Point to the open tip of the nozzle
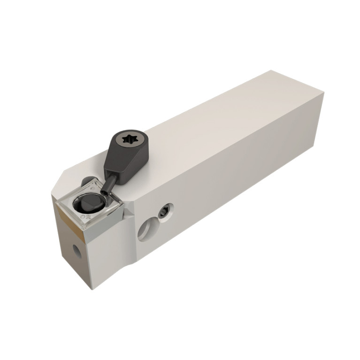coord(104,192)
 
